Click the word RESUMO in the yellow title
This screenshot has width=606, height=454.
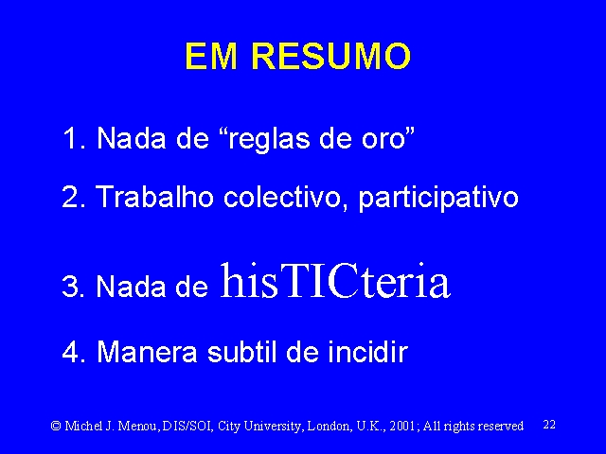[330, 57]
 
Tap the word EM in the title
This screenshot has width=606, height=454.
[211, 57]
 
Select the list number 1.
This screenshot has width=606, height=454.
[74, 138]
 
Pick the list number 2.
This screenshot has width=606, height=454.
[74, 197]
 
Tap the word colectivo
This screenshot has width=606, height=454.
[286, 197]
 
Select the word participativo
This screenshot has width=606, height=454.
[438, 199]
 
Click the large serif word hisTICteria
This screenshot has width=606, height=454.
[334, 280]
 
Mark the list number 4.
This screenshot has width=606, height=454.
[74, 351]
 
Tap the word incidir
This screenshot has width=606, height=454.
[368, 351]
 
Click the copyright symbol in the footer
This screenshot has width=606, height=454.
[56, 426]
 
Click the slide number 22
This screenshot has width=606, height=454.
[549, 425]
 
